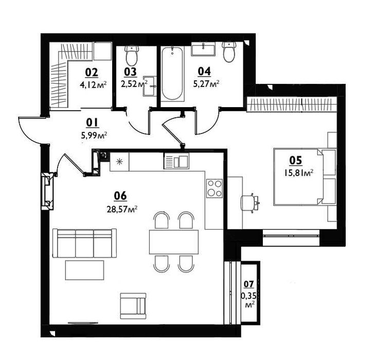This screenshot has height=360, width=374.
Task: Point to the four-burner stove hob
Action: point(214,188)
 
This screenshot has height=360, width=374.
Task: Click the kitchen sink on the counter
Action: point(176,162)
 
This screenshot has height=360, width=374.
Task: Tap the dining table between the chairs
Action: point(173,242)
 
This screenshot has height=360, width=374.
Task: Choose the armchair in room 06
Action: point(133,305)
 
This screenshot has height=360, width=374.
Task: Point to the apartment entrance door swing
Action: point(31,129)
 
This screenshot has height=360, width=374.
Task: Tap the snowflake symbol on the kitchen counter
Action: point(120,162)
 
